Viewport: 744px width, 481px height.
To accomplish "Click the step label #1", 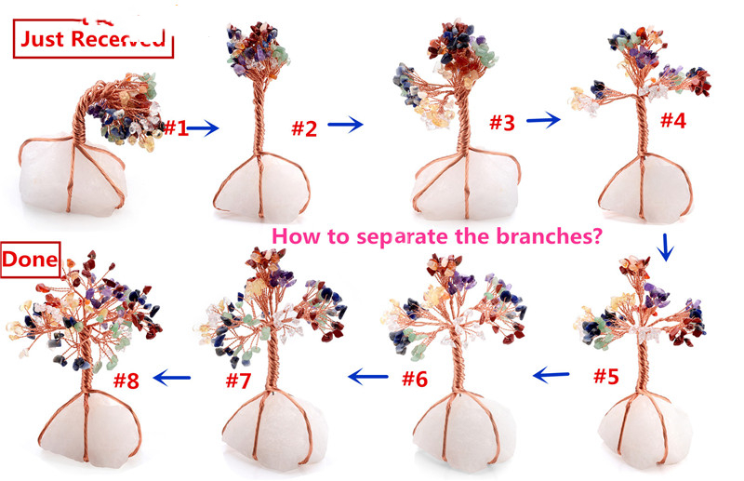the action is click(x=176, y=127).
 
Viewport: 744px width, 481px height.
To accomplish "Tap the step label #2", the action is click(x=304, y=128).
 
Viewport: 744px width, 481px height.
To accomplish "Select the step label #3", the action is click(x=502, y=123).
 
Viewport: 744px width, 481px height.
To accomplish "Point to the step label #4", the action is click(x=672, y=120).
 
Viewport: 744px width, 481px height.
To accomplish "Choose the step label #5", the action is click(x=606, y=376).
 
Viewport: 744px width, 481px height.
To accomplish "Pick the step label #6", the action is click(x=415, y=379).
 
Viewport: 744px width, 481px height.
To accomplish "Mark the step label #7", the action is click(x=238, y=381).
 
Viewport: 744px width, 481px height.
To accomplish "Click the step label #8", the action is click(x=126, y=381).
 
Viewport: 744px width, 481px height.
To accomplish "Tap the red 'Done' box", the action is click(x=31, y=260).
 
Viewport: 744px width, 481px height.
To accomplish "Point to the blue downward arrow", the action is click(x=666, y=247).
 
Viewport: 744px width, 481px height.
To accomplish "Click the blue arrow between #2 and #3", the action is click(x=345, y=125).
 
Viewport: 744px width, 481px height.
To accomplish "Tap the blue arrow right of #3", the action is click(x=544, y=120).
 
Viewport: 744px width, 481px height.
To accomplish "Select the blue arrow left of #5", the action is click(x=551, y=375).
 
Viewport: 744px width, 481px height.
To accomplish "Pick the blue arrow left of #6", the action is click(x=367, y=377).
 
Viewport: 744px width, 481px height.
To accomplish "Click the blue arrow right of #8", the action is click(x=172, y=378).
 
